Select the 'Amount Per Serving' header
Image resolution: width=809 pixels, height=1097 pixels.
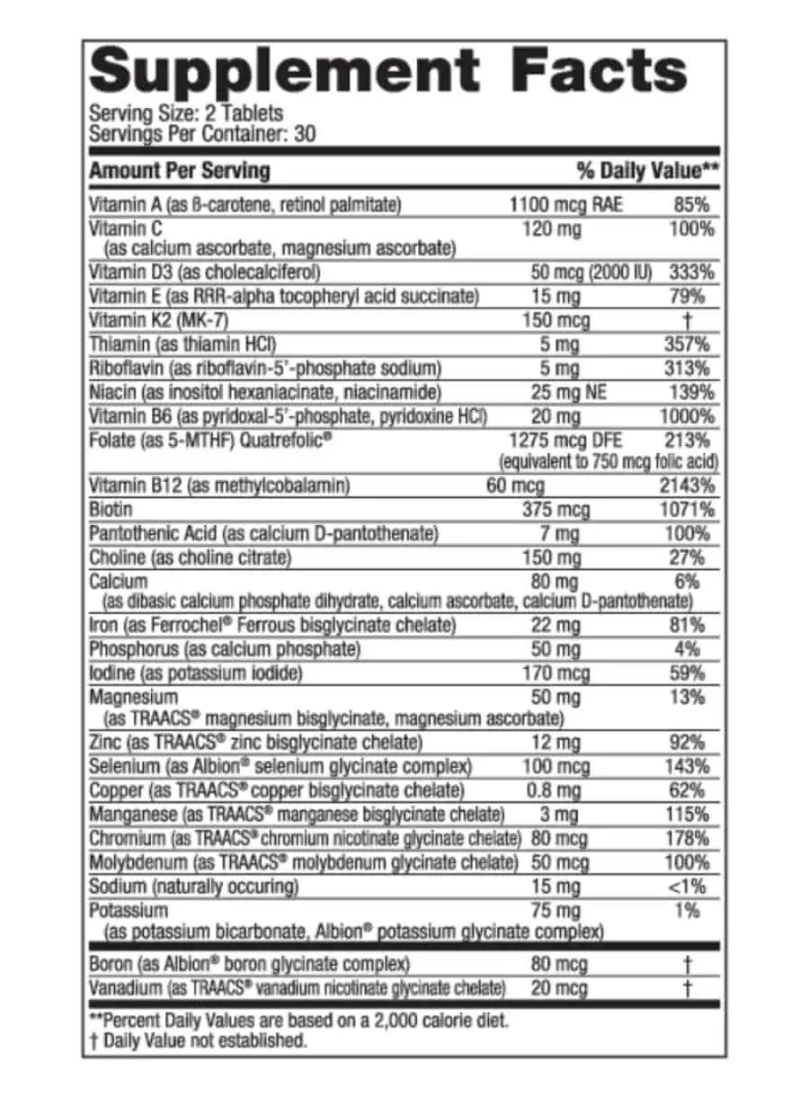pos(179,170)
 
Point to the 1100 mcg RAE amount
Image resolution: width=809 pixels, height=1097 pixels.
pos(565,205)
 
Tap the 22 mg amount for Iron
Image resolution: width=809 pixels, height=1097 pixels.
pos(551,625)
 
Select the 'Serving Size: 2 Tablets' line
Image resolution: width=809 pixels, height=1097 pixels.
pos(186,114)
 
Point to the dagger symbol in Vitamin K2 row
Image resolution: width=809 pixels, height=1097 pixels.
pos(688,321)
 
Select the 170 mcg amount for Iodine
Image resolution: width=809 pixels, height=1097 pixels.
pos(556,672)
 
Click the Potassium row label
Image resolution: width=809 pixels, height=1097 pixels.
pos(129,910)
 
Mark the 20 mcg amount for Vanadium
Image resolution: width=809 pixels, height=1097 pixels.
pos(555,988)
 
